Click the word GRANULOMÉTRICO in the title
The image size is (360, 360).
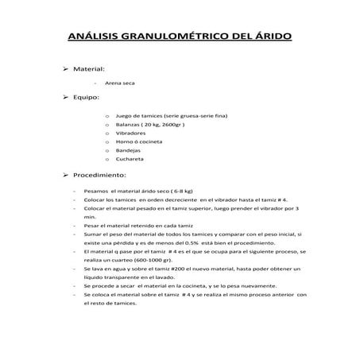(x=178, y=37)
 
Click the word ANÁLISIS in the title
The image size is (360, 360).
(x=95, y=37)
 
